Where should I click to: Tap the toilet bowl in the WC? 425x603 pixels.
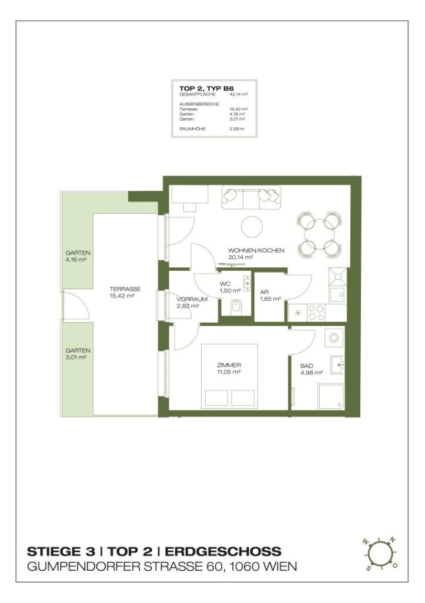click(236, 306)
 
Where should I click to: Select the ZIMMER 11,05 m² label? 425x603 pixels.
click(229, 368)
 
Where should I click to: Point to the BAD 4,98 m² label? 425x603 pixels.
click(310, 369)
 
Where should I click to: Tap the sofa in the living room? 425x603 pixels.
click(251, 197)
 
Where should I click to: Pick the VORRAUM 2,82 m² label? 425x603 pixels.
click(189, 302)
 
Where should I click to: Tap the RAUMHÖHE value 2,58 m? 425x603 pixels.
click(236, 128)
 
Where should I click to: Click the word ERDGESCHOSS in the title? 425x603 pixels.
click(223, 552)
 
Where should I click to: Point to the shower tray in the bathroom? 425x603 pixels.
click(332, 396)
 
